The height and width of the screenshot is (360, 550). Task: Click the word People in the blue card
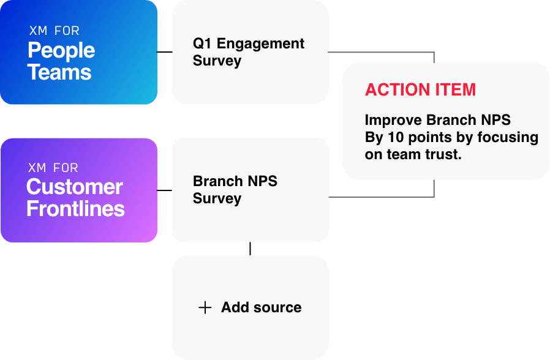[x=61, y=50]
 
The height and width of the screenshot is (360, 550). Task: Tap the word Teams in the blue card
[x=59, y=72]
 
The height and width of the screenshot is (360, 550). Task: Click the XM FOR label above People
[x=54, y=31]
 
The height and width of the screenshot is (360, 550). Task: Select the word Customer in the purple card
[x=75, y=187]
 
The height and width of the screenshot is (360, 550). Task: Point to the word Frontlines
[x=75, y=209]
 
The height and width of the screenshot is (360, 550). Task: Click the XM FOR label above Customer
[x=53, y=168]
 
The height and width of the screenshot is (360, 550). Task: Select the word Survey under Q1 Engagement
[x=217, y=61]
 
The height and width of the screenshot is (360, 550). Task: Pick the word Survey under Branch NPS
[x=217, y=198]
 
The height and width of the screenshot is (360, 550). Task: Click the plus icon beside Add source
[x=205, y=307]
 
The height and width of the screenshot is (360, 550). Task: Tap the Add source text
[x=262, y=307]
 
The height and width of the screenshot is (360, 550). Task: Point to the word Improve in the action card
[x=392, y=120]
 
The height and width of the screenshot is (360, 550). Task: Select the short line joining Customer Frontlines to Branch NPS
[x=164, y=191]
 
